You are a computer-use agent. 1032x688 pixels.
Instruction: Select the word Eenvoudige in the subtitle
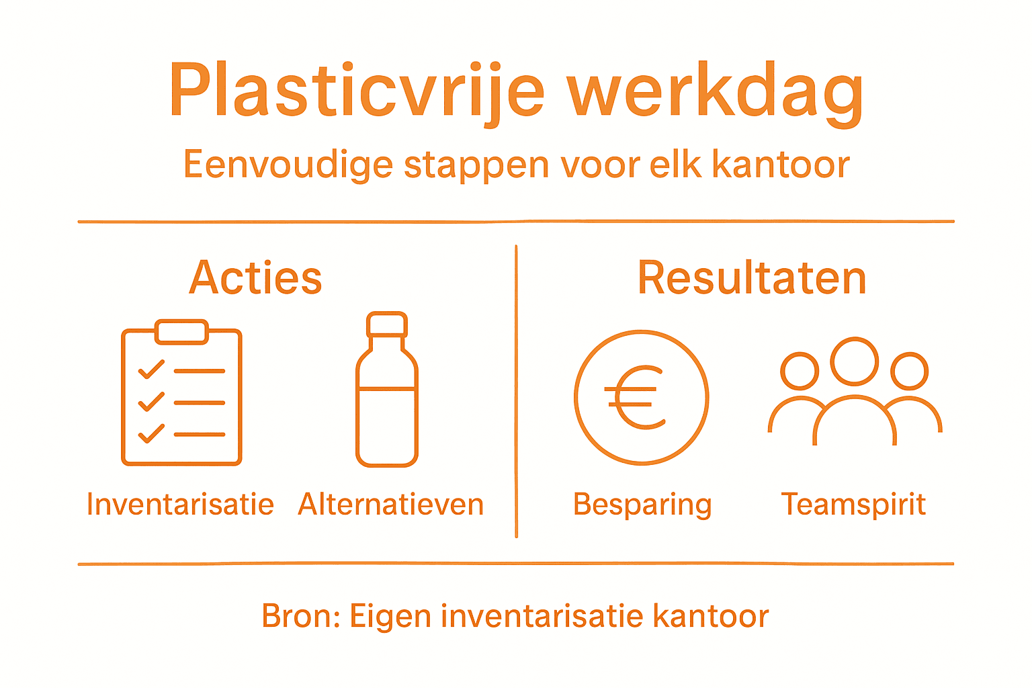[x=288, y=165]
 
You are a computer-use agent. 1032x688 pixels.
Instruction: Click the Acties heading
[x=255, y=277]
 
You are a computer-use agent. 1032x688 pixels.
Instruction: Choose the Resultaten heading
[x=752, y=277]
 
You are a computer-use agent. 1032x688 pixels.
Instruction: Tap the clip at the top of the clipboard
[x=181, y=332]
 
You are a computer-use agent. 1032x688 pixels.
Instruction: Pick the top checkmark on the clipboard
[x=151, y=370]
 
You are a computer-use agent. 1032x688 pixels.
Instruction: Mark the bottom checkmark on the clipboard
[x=151, y=434]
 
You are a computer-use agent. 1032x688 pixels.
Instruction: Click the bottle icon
[x=387, y=403]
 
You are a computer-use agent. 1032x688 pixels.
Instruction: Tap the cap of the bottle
[x=387, y=325]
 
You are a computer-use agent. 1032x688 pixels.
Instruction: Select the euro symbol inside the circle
[x=635, y=398]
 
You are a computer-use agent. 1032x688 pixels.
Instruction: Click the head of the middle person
[x=854, y=361]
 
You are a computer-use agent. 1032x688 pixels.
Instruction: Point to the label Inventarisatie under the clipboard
[x=180, y=505]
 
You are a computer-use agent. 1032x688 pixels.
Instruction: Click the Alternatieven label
[x=391, y=505]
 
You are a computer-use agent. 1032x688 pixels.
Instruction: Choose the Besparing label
[x=642, y=505]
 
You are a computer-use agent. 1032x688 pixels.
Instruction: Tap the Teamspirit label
[x=853, y=505]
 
